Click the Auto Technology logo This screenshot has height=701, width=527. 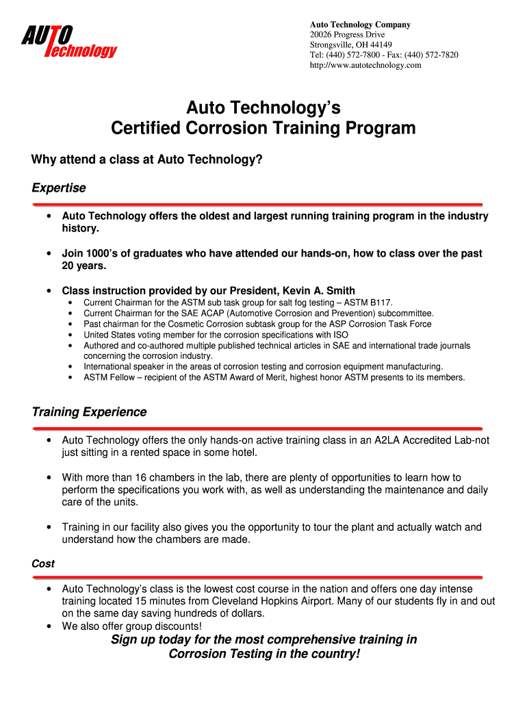(68, 41)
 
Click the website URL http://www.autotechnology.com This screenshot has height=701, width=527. (365, 66)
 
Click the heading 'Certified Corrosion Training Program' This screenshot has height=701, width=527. (263, 128)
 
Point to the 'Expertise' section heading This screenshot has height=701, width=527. (59, 188)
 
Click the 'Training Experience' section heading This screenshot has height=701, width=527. (89, 412)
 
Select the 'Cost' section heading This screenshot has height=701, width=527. (43, 563)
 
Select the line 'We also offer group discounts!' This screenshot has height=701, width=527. (132, 626)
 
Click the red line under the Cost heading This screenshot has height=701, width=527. (257, 577)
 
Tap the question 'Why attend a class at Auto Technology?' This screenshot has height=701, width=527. (147, 160)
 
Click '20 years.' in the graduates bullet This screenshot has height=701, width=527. (85, 266)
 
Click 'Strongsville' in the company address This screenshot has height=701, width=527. (333, 45)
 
